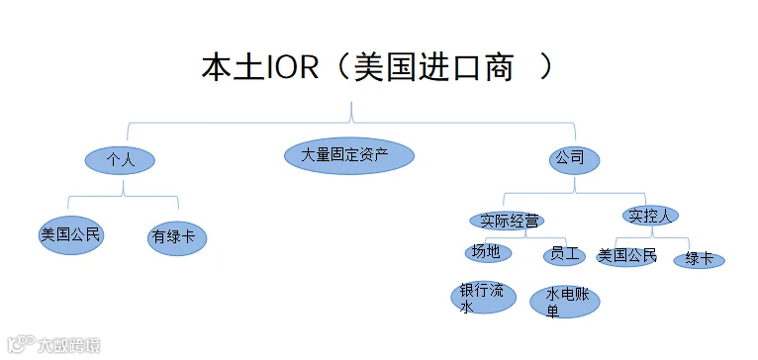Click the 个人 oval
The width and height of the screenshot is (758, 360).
point(120,160)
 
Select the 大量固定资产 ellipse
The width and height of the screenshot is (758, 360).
point(349,155)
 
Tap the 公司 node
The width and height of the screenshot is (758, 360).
point(574,159)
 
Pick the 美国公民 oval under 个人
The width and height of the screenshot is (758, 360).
point(71,235)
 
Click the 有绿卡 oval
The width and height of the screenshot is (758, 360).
point(177,237)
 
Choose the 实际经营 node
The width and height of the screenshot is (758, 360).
point(507,221)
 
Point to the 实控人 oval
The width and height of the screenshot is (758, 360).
point(650,216)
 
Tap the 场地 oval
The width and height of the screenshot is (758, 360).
point(488,252)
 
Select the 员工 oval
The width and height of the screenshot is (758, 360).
point(564,255)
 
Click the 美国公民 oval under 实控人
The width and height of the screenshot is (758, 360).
point(626,256)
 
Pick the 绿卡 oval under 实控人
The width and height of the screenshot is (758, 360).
point(699,260)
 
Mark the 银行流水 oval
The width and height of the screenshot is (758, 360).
point(484,298)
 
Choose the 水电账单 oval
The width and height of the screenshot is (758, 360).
point(565,302)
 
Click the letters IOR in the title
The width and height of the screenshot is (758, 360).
point(292,68)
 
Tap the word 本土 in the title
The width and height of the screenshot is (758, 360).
point(233,68)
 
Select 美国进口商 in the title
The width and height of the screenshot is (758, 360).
point(433,68)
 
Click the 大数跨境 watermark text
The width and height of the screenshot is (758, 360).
point(68,345)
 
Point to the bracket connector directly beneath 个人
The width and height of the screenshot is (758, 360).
point(124,195)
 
